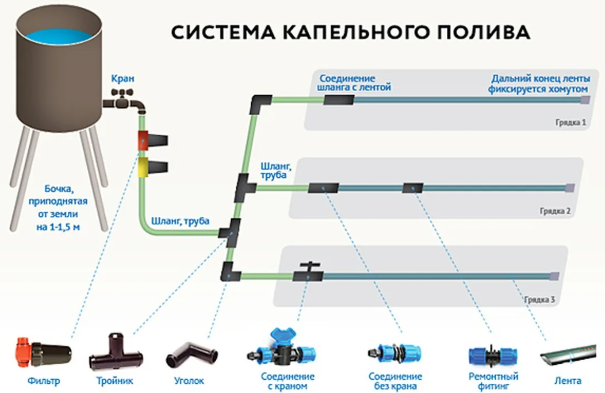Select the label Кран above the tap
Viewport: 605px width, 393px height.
point(122,79)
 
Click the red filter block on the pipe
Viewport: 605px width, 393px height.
point(143,140)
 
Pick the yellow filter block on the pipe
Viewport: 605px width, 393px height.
point(143,166)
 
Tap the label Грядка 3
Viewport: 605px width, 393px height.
point(540,300)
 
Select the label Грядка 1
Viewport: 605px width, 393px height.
point(570,122)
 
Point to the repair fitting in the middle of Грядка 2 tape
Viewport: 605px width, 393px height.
point(412,188)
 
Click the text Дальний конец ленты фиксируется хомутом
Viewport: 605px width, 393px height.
point(540,84)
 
